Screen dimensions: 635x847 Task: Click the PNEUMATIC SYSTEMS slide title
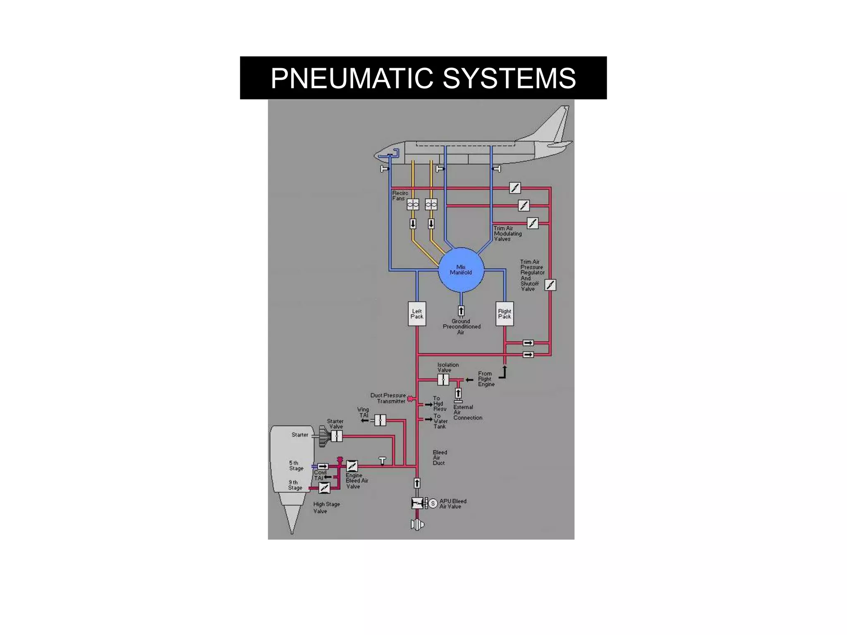click(x=423, y=78)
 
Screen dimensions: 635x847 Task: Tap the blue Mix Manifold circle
click(x=461, y=270)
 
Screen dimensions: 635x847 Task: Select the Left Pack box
click(x=417, y=314)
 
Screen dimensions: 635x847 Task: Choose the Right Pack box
click(x=505, y=314)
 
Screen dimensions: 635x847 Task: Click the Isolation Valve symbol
click(x=443, y=380)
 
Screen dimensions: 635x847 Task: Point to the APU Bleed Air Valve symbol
click(x=417, y=503)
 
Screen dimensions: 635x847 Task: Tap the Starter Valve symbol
click(x=337, y=436)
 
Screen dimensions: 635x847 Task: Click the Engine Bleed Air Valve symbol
click(x=352, y=466)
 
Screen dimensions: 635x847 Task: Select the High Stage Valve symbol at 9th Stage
click(x=325, y=488)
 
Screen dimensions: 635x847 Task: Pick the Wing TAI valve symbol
click(x=380, y=420)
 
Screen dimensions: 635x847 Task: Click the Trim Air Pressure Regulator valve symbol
click(x=550, y=285)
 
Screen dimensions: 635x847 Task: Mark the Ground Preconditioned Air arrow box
click(x=461, y=311)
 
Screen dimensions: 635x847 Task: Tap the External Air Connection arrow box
click(x=458, y=393)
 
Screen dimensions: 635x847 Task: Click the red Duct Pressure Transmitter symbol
click(x=410, y=399)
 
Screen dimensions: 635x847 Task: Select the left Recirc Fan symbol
click(x=413, y=204)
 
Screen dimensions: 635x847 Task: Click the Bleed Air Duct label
click(x=440, y=458)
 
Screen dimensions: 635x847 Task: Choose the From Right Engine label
click(x=486, y=379)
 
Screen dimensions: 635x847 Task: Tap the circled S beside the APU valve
click(x=433, y=504)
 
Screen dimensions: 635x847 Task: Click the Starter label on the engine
click(x=300, y=434)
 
